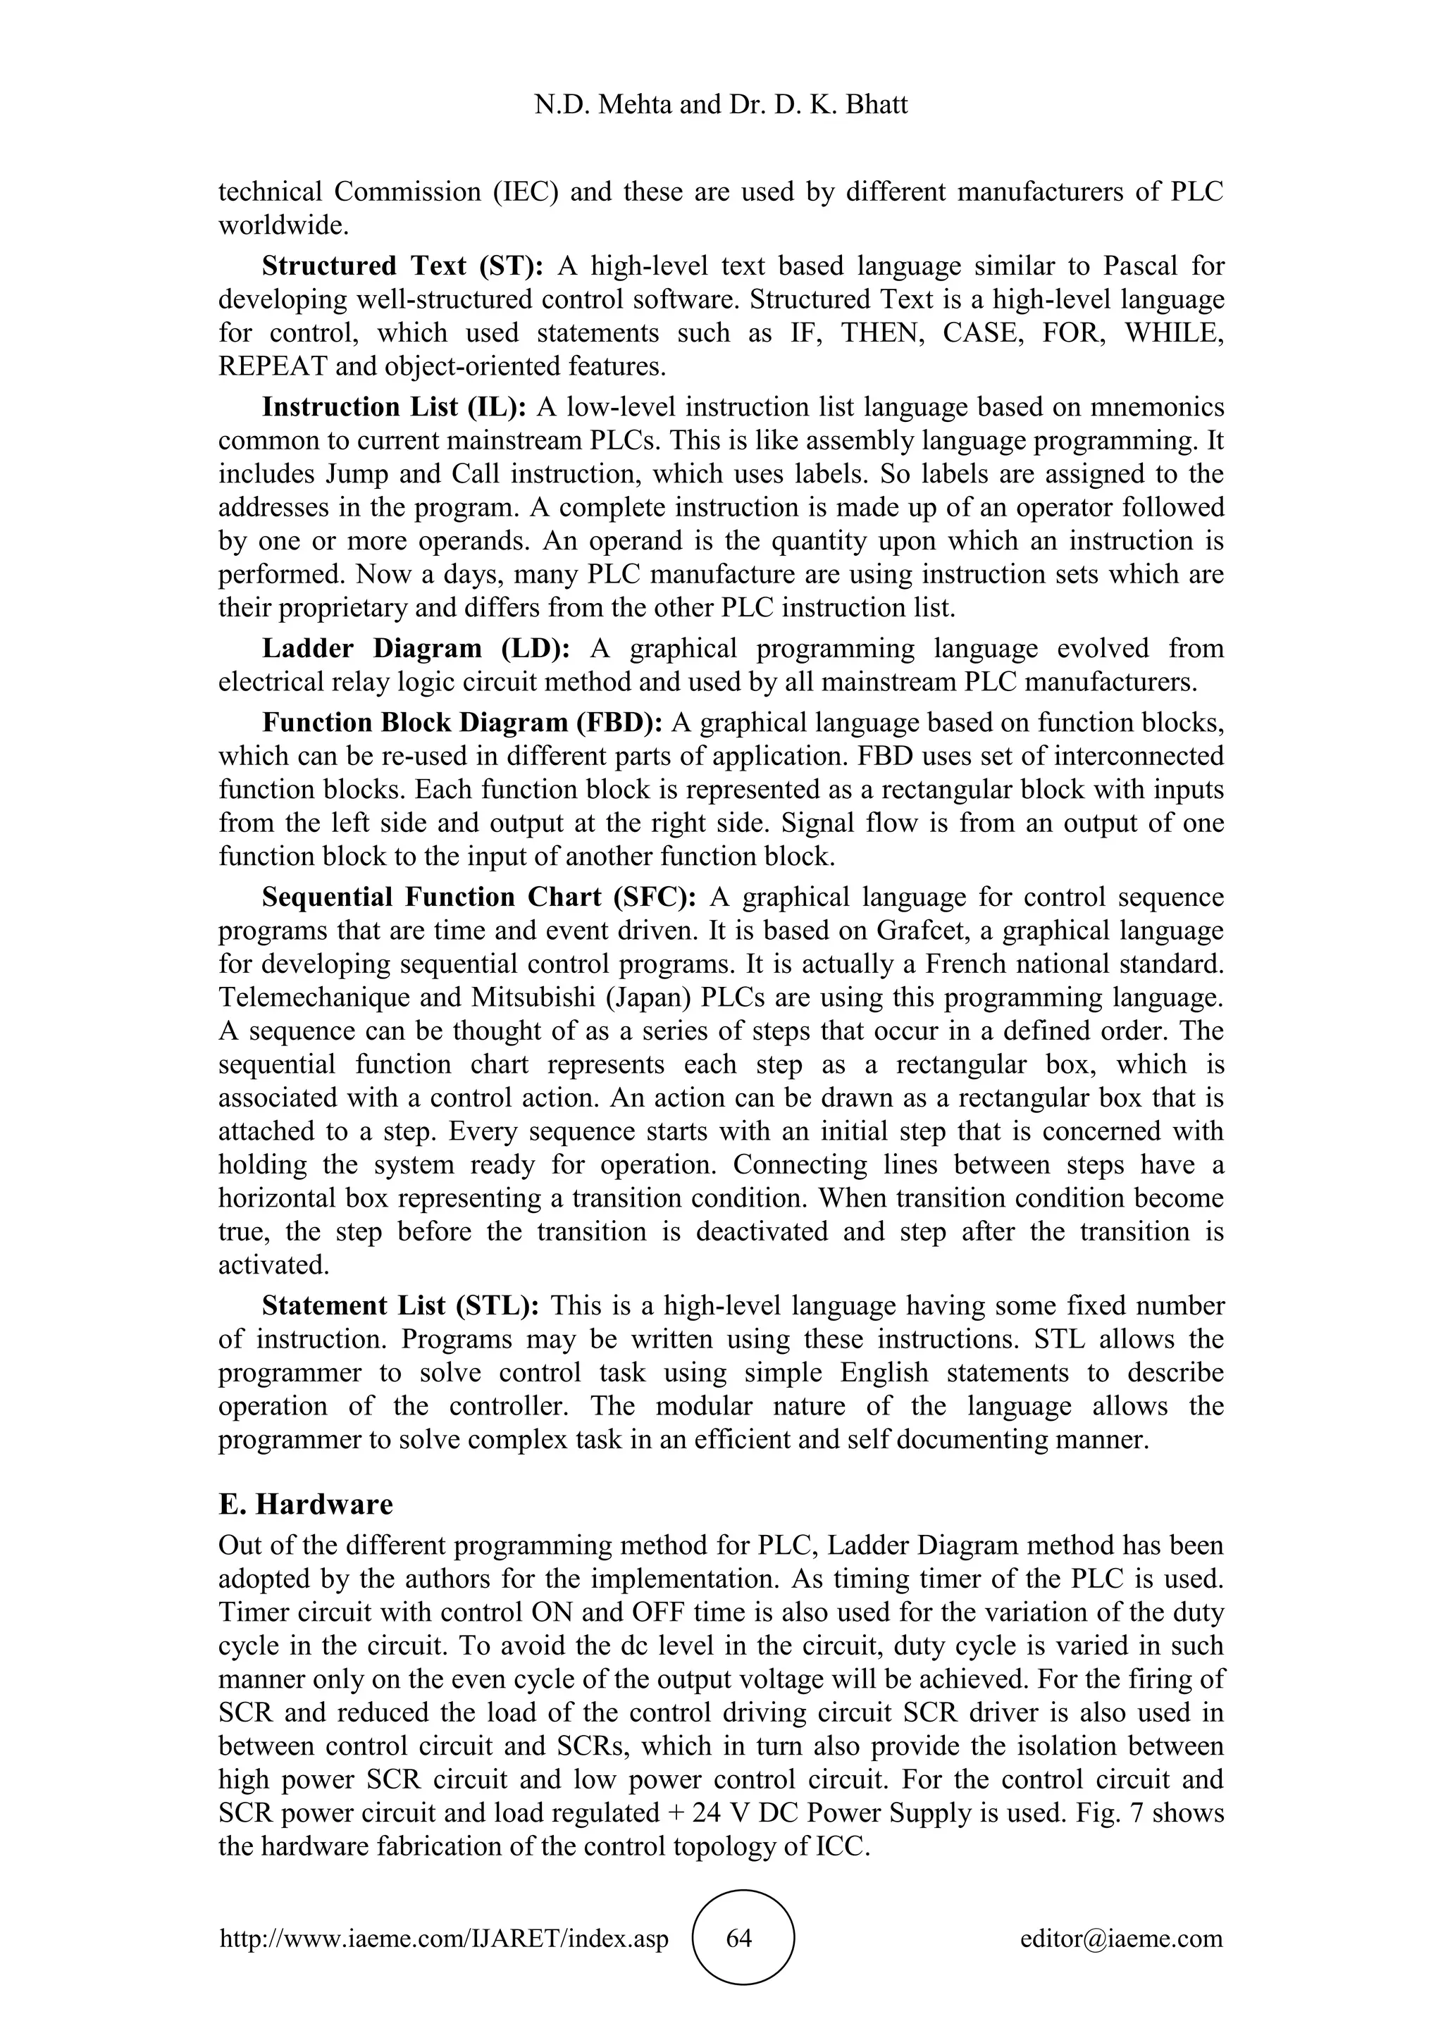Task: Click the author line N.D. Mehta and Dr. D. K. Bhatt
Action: pos(721,105)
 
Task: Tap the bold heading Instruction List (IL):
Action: pos(395,407)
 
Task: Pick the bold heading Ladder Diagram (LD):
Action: pos(416,649)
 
